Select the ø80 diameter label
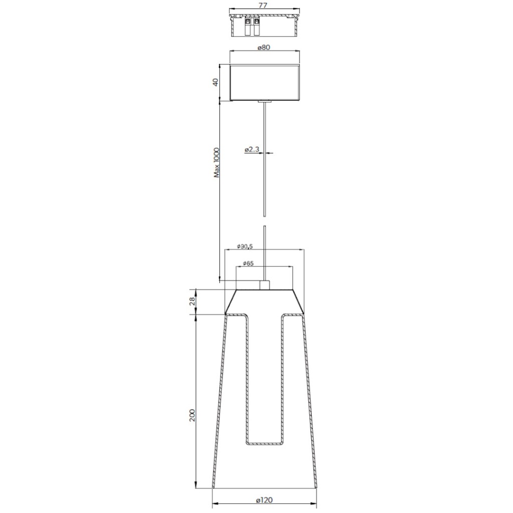(x=264, y=48)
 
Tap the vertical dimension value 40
(x=216, y=83)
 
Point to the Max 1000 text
(x=217, y=163)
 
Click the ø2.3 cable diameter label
(x=252, y=150)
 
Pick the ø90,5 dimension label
(x=246, y=246)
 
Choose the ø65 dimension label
(x=247, y=263)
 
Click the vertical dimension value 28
(x=192, y=302)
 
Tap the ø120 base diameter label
(x=264, y=500)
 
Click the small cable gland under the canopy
(x=264, y=102)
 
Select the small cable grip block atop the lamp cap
(x=264, y=285)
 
